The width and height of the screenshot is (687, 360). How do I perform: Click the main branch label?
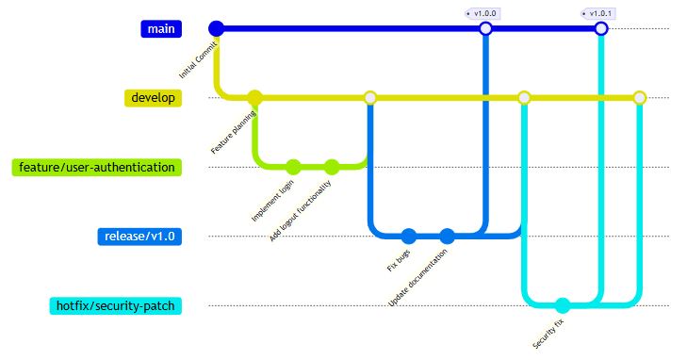tap(161, 29)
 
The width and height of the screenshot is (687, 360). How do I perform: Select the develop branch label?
tap(153, 98)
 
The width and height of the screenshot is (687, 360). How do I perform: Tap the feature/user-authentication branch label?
tap(97, 168)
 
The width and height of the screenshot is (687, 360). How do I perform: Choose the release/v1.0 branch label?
tap(139, 237)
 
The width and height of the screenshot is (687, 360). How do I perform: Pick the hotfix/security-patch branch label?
tap(116, 305)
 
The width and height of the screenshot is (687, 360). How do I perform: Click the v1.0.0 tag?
tap(483, 13)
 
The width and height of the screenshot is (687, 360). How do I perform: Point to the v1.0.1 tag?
tap(598, 13)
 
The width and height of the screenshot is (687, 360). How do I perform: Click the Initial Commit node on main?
tap(216, 29)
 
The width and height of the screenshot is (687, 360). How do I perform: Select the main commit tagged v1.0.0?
tap(485, 29)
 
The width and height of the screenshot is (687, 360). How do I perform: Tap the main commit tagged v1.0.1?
tap(601, 29)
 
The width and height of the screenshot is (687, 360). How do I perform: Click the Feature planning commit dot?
tap(254, 98)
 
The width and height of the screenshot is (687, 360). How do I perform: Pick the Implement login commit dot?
tap(293, 168)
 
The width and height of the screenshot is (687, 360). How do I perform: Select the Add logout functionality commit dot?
tap(332, 168)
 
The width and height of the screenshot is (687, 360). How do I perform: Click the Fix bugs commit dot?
tap(409, 237)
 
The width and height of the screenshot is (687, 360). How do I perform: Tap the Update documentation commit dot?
tap(448, 237)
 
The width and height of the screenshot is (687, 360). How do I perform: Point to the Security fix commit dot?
tap(563, 305)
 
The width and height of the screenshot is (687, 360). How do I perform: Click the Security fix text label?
tap(548, 335)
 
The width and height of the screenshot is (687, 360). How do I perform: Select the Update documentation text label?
tap(417, 278)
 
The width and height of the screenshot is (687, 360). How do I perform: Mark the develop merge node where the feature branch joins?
tap(370, 98)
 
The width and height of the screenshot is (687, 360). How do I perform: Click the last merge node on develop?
tap(640, 98)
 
